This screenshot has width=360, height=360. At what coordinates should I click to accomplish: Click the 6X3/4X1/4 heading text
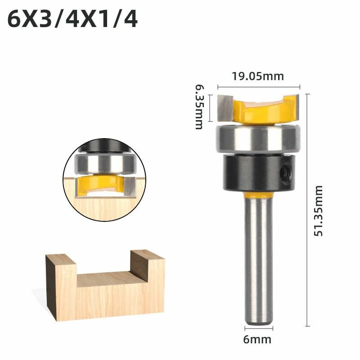pyautogui.click(x=72, y=19)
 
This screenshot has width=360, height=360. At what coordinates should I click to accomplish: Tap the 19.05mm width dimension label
pyautogui.click(x=258, y=76)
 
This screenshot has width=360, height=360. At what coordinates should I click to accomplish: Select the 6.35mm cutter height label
pyautogui.click(x=199, y=107)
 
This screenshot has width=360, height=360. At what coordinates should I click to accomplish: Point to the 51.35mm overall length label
pyautogui.click(x=318, y=211)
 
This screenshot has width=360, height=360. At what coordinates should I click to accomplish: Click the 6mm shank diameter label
pyautogui.click(x=257, y=339)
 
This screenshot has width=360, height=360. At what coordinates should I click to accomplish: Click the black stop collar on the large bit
pyautogui.click(x=259, y=172)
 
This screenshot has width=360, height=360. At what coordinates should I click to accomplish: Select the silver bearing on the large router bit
pyautogui.click(x=257, y=138)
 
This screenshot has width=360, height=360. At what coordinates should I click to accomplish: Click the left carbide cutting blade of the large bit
pyautogui.click(x=225, y=108)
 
